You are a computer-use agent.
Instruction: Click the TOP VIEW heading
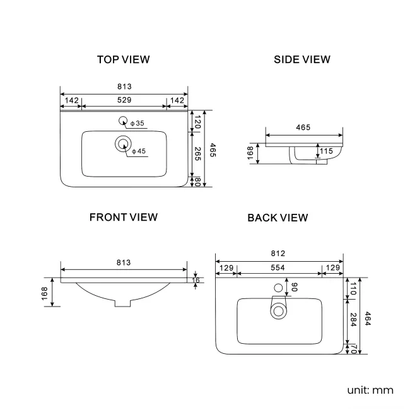click(124, 60)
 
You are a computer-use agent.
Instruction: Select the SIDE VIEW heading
click(302, 60)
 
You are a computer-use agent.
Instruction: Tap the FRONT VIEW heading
click(124, 217)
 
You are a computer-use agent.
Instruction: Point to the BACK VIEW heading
click(278, 218)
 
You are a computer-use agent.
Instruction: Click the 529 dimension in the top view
click(124, 100)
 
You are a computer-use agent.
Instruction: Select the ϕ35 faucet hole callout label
click(138, 123)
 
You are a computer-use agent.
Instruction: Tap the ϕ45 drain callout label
click(139, 151)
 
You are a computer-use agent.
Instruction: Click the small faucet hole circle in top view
click(123, 120)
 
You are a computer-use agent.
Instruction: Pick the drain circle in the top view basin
click(123, 144)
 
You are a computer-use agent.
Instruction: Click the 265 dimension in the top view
click(198, 154)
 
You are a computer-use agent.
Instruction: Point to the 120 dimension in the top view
click(198, 122)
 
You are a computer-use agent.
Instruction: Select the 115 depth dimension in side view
click(326, 151)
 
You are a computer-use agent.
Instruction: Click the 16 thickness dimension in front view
click(196, 280)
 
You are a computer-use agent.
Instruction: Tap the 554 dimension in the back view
click(278, 267)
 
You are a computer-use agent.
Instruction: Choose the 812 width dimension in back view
click(278, 254)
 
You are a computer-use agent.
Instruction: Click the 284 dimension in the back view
click(353, 320)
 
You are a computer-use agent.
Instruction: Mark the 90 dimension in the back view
click(294, 287)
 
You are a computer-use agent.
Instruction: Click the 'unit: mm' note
click(370, 390)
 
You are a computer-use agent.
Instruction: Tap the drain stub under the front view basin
click(122, 303)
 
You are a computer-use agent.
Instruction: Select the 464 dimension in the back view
click(368, 319)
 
